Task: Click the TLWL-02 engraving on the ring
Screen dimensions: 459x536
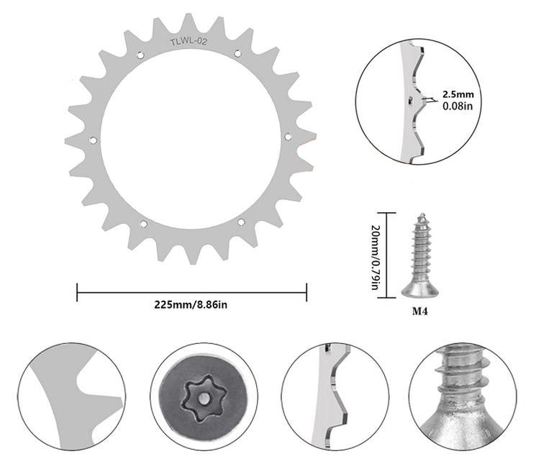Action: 188,42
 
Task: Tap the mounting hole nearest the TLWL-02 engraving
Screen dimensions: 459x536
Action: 140,55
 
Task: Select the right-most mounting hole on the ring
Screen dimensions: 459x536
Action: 288,137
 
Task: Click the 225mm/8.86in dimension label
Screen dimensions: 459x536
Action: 191,304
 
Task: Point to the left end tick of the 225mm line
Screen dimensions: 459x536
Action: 77,292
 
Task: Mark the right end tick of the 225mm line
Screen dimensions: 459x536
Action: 306,292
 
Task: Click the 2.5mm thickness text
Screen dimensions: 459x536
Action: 458,94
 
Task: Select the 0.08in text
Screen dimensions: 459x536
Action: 457,106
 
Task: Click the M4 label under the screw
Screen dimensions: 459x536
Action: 420,312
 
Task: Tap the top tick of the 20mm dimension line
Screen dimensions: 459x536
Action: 386,213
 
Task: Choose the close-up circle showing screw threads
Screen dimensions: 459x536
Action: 468,395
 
